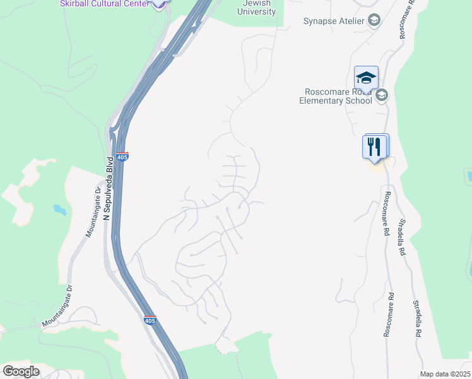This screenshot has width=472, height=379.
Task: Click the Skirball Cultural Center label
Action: [104, 4]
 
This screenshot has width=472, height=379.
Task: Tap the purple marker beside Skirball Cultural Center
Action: [160, 3]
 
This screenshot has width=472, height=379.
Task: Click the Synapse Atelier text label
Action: [334, 21]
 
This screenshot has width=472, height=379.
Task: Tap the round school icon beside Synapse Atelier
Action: [374, 21]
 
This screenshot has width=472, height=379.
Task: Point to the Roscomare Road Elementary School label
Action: [336, 96]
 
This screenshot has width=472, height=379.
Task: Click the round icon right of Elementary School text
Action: [381, 95]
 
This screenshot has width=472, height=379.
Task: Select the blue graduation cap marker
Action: [366, 78]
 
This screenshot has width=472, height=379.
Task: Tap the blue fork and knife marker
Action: [375, 147]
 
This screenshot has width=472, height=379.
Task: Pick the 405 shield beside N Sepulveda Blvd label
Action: [123, 155]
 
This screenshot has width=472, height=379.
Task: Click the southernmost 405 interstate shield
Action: [150, 320]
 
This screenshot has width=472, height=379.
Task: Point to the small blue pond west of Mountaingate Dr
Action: [59, 208]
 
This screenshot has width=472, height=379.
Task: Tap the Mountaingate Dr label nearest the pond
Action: [94, 212]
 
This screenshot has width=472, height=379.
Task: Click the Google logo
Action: [21, 371]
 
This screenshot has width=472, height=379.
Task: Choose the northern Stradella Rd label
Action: [401, 237]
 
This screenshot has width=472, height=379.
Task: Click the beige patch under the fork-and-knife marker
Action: [376, 166]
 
